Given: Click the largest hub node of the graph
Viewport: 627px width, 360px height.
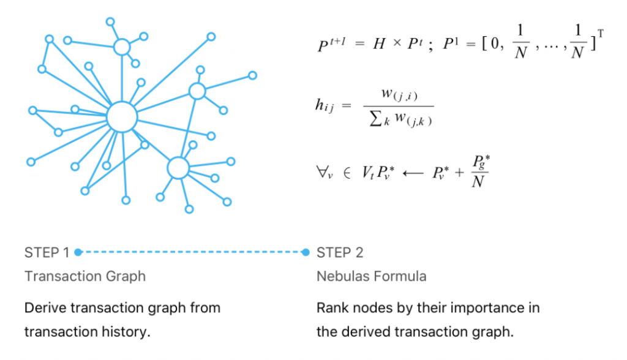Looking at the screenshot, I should pyautogui.click(x=121, y=116).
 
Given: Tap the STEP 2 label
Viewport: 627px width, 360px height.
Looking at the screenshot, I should pyautogui.click(x=340, y=252).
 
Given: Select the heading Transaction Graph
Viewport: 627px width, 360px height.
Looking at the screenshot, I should pyautogui.click(x=85, y=276).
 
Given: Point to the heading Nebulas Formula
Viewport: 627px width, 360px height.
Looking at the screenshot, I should pyautogui.click(x=371, y=276).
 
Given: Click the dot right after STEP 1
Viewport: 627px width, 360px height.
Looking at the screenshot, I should pyautogui.click(x=78, y=252).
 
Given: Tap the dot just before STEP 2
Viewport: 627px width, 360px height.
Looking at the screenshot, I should pyautogui.click(x=306, y=252).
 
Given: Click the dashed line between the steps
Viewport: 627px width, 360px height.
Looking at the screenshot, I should pyautogui.click(x=192, y=252).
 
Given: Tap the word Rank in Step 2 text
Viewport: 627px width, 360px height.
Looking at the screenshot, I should pyautogui.click(x=331, y=307).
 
